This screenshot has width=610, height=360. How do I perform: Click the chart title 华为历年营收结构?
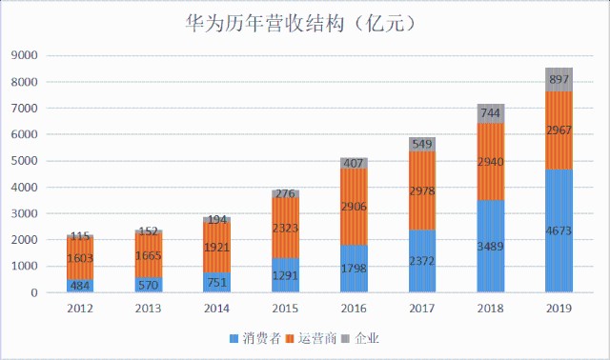click(x=264, y=24)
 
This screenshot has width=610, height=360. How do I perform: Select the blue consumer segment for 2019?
click(x=559, y=230)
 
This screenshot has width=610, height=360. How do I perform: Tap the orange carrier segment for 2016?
click(x=354, y=207)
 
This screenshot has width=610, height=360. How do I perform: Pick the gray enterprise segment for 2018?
click(x=490, y=113)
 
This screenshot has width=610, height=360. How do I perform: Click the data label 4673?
click(x=559, y=230)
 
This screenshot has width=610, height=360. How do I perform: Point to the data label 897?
click(x=559, y=79)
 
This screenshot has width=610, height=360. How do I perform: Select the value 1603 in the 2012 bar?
click(x=80, y=258)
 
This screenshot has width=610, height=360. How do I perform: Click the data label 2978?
click(x=422, y=190)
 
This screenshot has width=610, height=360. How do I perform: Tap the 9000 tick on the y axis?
click(x=25, y=55)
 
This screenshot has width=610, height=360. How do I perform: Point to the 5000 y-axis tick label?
click(x=25, y=161)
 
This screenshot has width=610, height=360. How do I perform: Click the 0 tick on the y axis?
click(x=34, y=292)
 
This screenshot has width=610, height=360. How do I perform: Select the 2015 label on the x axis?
click(x=285, y=309)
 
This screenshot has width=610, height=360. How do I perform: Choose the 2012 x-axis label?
click(x=80, y=309)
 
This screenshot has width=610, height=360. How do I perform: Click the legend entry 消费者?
click(x=255, y=338)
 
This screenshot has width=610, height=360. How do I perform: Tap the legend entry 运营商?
click(x=312, y=338)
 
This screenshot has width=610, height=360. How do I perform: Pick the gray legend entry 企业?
click(x=360, y=338)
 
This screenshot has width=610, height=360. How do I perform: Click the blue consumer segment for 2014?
click(x=216, y=282)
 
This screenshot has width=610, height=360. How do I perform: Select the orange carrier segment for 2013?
click(x=149, y=255)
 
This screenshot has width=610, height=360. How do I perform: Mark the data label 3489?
click(x=491, y=247)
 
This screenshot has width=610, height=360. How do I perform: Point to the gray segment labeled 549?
click(x=422, y=144)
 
